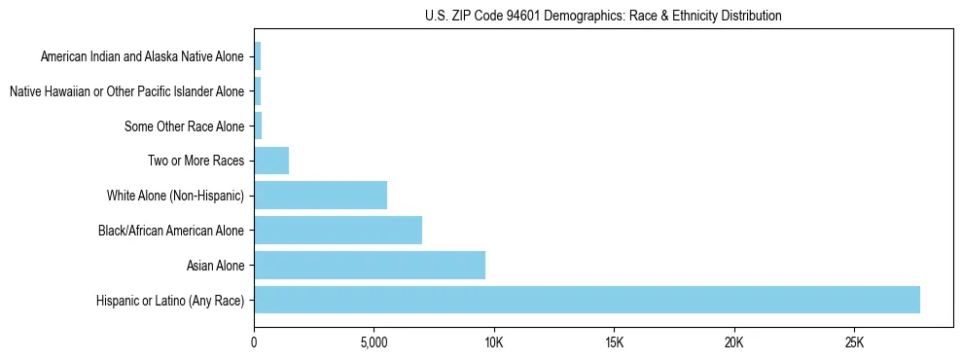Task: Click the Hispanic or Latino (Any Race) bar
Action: [x=587, y=300]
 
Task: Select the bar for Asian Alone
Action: [x=370, y=265]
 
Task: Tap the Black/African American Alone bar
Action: [x=338, y=231]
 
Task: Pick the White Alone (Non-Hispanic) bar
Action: [x=320, y=196]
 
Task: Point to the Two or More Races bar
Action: [x=271, y=161]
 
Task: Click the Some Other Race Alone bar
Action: [x=258, y=126]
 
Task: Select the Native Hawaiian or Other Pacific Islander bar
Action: [x=257, y=91]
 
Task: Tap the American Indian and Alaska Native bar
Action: [x=257, y=56]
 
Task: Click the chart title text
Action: [x=603, y=16]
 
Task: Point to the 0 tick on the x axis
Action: [x=254, y=342]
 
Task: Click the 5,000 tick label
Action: [x=374, y=342]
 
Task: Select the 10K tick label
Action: [x=493, y=342]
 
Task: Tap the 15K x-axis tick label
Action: [x=614, y=342]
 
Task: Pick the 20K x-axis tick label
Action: [x=733, y=342]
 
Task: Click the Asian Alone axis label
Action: [x=215, y=266]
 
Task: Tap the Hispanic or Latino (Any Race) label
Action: [x=170, y=301]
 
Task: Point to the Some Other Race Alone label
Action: [x=185, y=126]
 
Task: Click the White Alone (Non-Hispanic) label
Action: [x=176, y=196]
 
